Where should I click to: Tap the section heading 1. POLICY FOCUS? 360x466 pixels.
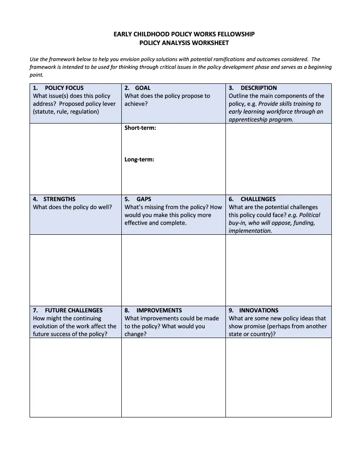click(x=58, y=88)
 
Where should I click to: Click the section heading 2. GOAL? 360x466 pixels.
click(x=137, y=88)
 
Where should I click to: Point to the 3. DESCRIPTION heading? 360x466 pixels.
click(x=253, y=88)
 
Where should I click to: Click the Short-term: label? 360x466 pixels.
click(x=140, y=128)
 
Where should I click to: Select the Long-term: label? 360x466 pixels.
click(x=139, y=160)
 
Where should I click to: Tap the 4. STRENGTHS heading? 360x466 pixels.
click(x=54, y=199)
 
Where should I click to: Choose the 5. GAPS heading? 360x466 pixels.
click(x=138, y=199)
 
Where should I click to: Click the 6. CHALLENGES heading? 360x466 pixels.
click(x=252, y=199)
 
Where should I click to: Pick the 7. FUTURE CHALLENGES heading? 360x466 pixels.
click(x=67, y=310)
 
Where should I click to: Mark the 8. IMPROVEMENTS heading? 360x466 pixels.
click(x=153, y=310)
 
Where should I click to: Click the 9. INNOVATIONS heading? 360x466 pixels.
click(x=253, y=310)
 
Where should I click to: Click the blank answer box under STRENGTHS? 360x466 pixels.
click(x=75, y=270)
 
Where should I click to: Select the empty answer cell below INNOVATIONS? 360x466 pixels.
click(x=278, y=377)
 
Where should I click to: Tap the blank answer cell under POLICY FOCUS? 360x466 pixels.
click(x=75, y=159)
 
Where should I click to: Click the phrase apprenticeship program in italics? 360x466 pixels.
click(x=260, y=120)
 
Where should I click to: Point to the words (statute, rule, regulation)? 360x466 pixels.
click(x=66, y=112)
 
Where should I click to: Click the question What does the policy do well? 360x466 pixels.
click(x=72, y=207)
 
